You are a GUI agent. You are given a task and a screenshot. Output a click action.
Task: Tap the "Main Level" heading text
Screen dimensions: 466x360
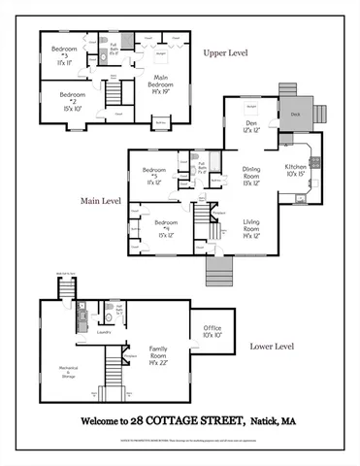coord(101,201)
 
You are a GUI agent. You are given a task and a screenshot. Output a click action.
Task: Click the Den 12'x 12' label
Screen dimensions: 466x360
coord(250,126)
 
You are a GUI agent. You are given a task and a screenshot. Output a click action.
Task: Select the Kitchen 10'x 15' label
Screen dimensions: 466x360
coord(297,171)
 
